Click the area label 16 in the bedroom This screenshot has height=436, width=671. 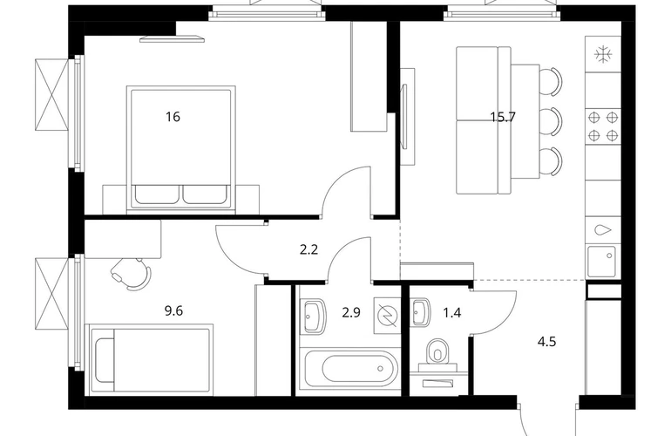tap(173, 117)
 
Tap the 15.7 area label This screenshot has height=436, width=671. tap(503, 117)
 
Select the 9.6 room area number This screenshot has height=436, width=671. tap(173, 310)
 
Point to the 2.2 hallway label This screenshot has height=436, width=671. tap(308, 249)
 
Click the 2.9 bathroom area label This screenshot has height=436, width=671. tap(351, 313)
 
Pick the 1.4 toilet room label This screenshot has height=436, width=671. tap(452, 313)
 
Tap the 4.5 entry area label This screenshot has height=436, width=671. tap(547, 342)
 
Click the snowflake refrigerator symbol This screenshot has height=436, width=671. tap(603, 54)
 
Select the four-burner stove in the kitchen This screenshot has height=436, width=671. tap(603, 126)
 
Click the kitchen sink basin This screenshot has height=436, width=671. tap(601, 262)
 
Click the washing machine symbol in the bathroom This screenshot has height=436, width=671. tap(387, 316)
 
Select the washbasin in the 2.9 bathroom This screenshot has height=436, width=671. tap(315, 317)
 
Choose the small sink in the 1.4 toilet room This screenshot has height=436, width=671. tap(421, 312)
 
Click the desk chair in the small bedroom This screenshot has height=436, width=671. tap(132, 273)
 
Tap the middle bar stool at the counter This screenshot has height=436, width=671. tap(551, 118)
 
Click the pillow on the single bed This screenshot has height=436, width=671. tap(105, 360)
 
